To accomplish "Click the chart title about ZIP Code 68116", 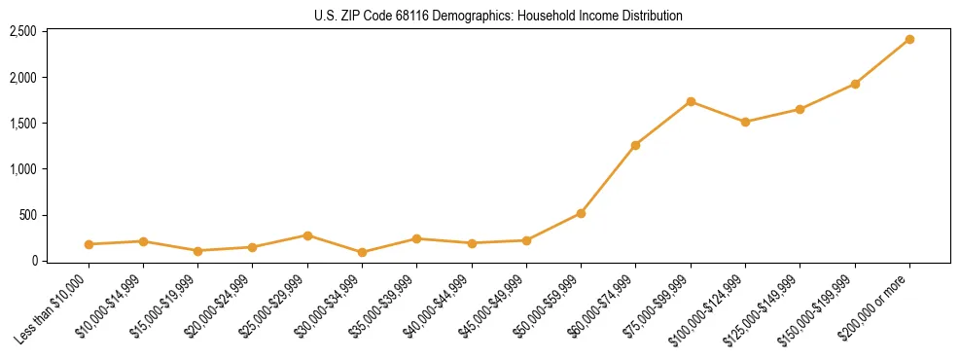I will coord(497,16).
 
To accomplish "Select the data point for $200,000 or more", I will coord(909,39).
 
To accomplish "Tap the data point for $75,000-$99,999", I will coord(691,101).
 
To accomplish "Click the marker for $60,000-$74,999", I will coord(635,145).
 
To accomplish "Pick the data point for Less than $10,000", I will coord(89,244).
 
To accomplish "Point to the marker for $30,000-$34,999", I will coord(362,252).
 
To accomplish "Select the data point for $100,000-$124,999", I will coord(745,122).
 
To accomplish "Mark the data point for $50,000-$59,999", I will coord(581,213).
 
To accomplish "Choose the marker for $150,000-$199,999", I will coord(855,84).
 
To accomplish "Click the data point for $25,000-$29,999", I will coord(307,235).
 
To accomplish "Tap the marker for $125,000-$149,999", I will coord(800,109).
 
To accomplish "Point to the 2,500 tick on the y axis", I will coord(22,31).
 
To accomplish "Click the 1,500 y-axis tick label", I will coord(22,124).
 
